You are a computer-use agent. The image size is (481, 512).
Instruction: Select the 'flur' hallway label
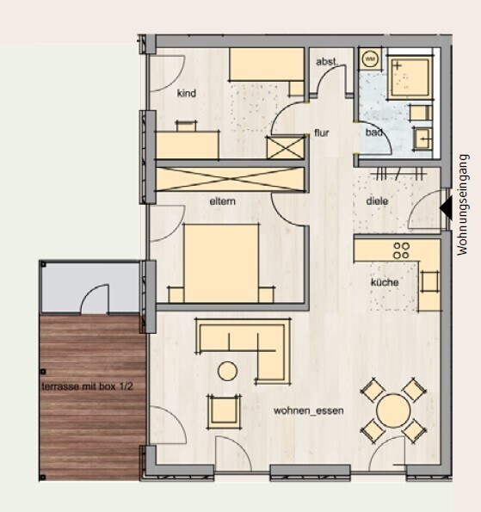[x=322, y=134]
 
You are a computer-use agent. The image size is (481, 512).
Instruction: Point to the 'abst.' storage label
[x=326, y=61]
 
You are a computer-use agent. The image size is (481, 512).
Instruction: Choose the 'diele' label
[x=377, y=201]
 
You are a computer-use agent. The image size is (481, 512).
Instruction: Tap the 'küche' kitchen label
[x=383, y=282]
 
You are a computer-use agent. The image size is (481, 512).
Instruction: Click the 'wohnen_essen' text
[x=309, y=411]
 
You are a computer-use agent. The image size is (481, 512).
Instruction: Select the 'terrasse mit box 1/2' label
[x=93, y=386]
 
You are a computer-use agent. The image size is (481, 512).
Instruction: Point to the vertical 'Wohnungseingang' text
[x=464, y=205]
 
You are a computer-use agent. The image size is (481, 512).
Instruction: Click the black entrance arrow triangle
[x=445, y=208]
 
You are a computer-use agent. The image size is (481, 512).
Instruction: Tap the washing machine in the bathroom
[x=371, y=59]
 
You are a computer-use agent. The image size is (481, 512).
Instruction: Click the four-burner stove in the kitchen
[x=401, y=250]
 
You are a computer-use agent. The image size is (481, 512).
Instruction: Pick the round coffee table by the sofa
[x=228, y=371]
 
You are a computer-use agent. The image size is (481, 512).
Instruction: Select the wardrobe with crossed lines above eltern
[x=231, y=178]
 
